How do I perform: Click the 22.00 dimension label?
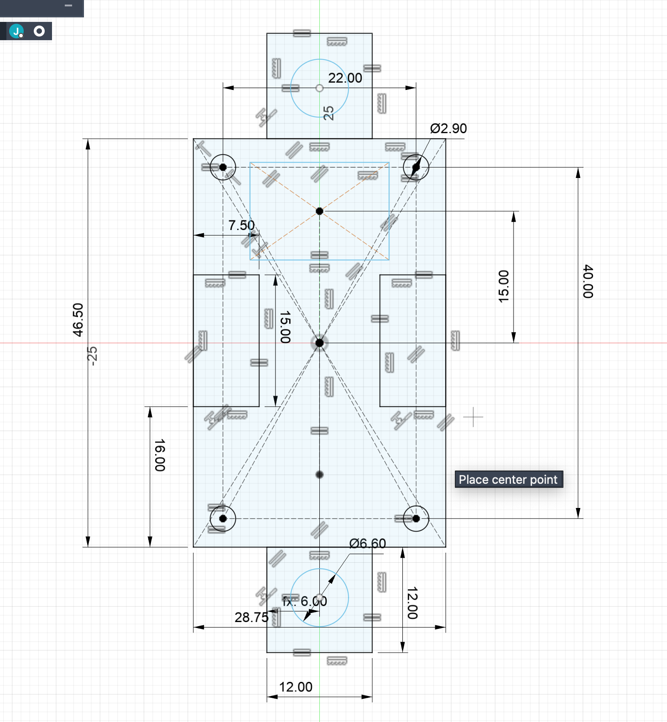pyautogui.click(x=345, y=78)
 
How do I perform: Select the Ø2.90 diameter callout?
pyautogui.click(x=448, y=129)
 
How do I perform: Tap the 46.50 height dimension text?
pyautogui.click(x=78, y=320)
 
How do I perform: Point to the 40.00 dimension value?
pyautogui.click(x=588, y=281)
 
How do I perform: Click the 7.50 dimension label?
pyautogui.click(x=241, y=225)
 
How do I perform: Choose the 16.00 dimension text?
pyautogui.click(x=160, y=455)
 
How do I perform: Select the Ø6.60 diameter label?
pyautogui.click(x=368, y=544)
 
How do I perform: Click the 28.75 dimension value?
pyautogui.click(x=251, y=617)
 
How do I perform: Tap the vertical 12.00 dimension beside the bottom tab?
pyautogui.click(x=412, y=603)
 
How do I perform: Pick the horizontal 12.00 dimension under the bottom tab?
pyautogui.click(x=296, y=687)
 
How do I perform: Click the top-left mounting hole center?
pyautogui.click(x=223, y=167)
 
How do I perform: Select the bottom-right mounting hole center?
pyautogui.click(x=416, y=518)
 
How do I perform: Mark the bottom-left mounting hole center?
pyautogui.click(x=223, y=518)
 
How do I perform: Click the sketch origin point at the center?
pyautogui.click(x=319, y=343)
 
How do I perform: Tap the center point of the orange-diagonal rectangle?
pyautogui.click(x=319, y=211)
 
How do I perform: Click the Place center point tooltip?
pyautogui.click(x=509, y=479)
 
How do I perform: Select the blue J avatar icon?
pyautogui.click(x=16, y=31)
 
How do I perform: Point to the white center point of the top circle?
pyautogui.click(x=319, y=88)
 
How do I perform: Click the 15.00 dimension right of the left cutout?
pyautogui.click(x=285, y=327)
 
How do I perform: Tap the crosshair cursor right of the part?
pyautogui.click(x=473, y=417)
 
